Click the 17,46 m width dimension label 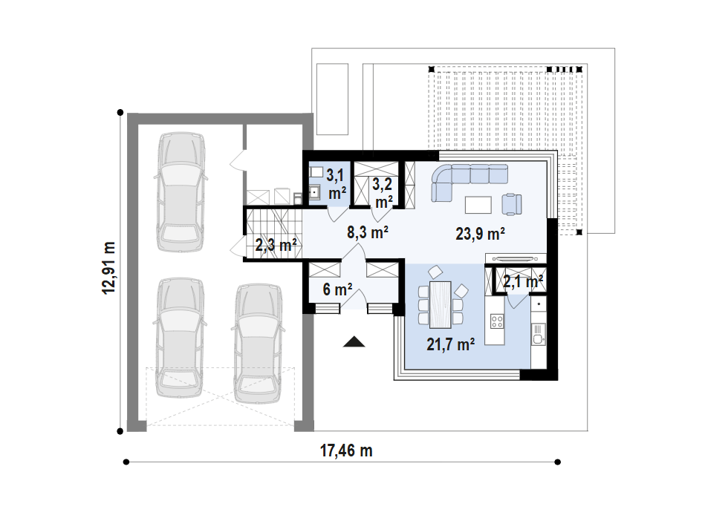tap(346, 450)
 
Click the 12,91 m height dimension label tap(109, 268)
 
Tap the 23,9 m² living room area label tap(480, 234)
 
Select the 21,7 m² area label tap(450, 344)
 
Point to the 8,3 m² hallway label tap(367, 232)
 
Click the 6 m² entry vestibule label tap(337, 289)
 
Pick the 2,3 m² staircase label tap(276, 246)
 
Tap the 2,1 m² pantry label tap(523, 282)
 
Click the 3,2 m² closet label tap(383, 193)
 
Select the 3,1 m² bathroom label tap(337, 184)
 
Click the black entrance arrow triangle tap(354, 342)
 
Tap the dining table tap(441, 304)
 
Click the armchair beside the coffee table tap(512, 204)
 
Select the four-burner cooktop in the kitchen tap(497, 321)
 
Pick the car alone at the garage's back tap(181, 191)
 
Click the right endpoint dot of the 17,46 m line tap(557, 462)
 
